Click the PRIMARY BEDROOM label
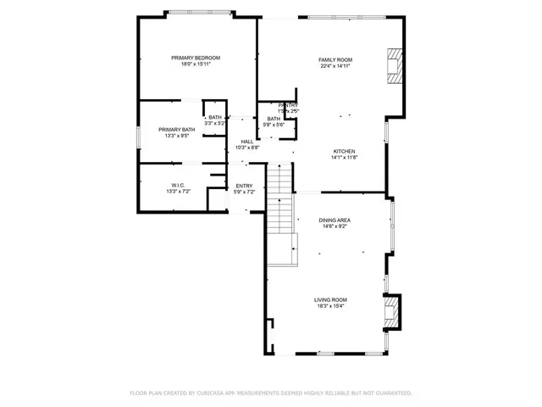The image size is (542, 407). pyautogui.click(x=196, y=58)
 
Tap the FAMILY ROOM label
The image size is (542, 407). pyautogui.click(x=335, y=60)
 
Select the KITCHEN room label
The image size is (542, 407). pyautogui.click(x=343, y=151)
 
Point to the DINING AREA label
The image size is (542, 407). pyautogui.click(x=335, y=220)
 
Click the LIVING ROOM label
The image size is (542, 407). pyautogui.click(x=330, y=299)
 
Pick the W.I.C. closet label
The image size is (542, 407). pyautogui.click(x=178, y=186)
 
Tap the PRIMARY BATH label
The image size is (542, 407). pyautogui.click(x=176, y=130)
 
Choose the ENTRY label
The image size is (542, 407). pyautogui.click(x=244, y=187)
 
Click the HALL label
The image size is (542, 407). pyautogui.click(x=246, y=142)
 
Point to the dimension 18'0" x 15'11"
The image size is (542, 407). pyautogui.click(x=196, y=64)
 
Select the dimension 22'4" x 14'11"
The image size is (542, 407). pyautogui.click(x=335, y=67)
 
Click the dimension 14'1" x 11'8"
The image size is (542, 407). pyautogui.click(x=343, y=158)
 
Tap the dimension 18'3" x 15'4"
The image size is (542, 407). pyautogui.click(x=330, y=306)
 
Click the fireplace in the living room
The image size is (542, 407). pyautogui.click(x=390, y=310)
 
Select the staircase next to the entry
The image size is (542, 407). pyautogui.click(x=279, y=208)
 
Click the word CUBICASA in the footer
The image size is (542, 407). pyautogui.click(x=212, y=393)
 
